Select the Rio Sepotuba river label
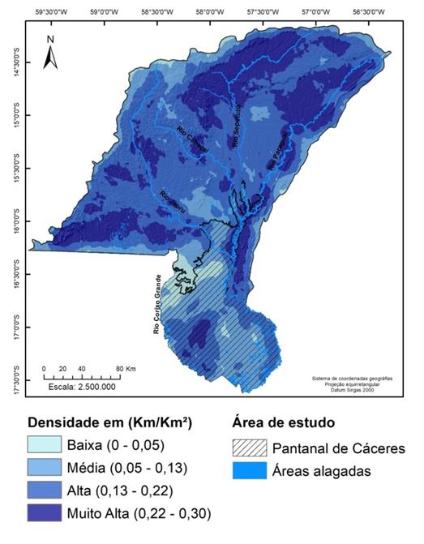click(238, 126)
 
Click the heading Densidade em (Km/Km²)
click(109, 422)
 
